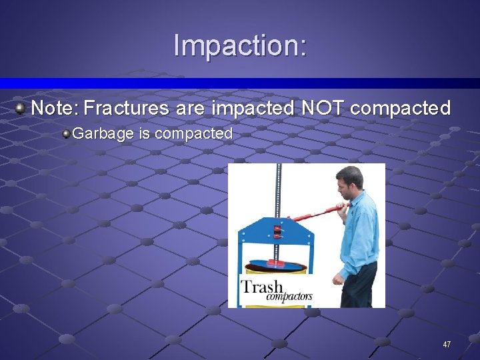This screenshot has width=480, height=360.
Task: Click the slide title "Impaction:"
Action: coord(240,45)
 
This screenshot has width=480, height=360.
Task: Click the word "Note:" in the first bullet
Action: coord(55,108)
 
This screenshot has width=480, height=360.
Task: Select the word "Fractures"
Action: coord(125,108)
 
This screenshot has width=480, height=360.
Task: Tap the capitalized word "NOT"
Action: coord(323,108)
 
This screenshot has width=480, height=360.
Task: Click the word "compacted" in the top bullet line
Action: coord(400,108)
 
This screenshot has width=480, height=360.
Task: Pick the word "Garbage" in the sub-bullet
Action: coord(103,133)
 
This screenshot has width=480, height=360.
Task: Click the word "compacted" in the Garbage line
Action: coord(193,133)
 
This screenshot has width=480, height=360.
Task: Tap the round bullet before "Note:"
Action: coord(21,107)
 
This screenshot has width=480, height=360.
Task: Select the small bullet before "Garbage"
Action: coord(66,133)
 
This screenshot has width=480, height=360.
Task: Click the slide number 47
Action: coord(447,345)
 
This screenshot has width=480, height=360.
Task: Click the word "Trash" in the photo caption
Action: coord(262,287)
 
